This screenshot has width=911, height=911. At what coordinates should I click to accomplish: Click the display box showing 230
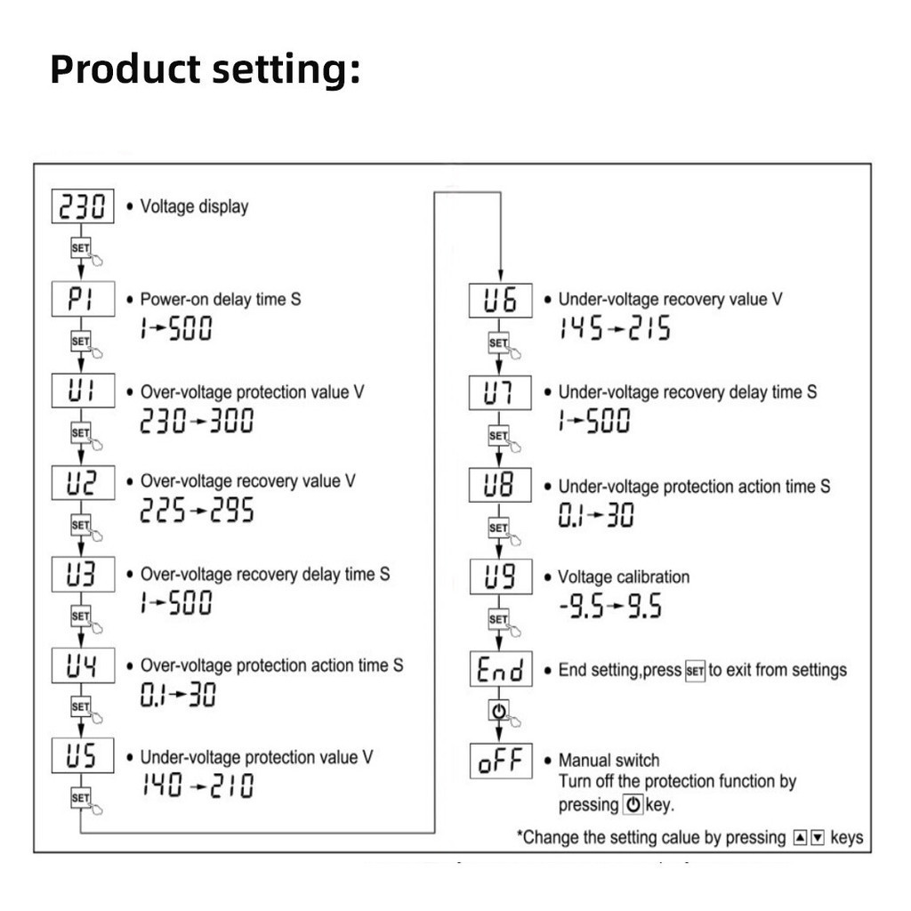pos(83,206)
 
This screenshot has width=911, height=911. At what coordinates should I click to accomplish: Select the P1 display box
pos(83,299)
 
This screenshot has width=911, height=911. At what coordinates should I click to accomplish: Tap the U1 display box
pos(83,391)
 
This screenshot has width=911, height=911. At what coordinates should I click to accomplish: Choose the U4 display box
pos(83,665)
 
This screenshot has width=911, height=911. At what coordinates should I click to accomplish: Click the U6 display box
pos(500,301)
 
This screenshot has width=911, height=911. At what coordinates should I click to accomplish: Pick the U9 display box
pos(500,576)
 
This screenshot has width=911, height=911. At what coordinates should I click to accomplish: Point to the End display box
pos(500,669)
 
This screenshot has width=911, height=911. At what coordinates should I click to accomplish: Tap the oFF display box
pos(500,761)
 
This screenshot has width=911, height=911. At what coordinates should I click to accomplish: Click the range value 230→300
pos(197,420)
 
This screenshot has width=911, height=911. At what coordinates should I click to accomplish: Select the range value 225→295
pos(197,510)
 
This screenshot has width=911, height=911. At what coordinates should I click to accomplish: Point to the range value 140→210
pos(197,786)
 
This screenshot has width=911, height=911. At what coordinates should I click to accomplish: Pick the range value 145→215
pos(614,329)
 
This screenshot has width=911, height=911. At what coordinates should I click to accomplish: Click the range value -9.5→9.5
pos(610,607)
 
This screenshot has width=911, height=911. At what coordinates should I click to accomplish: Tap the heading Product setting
pos(205,69)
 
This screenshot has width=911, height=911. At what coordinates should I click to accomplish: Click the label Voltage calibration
pos(623,576)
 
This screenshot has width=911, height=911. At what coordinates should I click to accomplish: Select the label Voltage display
pos(194,206)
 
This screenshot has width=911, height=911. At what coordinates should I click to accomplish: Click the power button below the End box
pos(498,711)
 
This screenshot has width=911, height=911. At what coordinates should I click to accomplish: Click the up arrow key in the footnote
pos(800,838)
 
